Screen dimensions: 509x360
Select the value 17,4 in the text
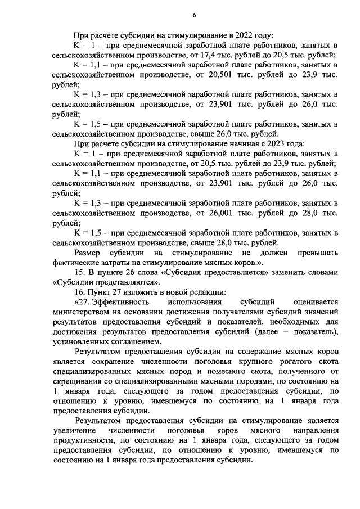pyautogui.click(x=225, y=55)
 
